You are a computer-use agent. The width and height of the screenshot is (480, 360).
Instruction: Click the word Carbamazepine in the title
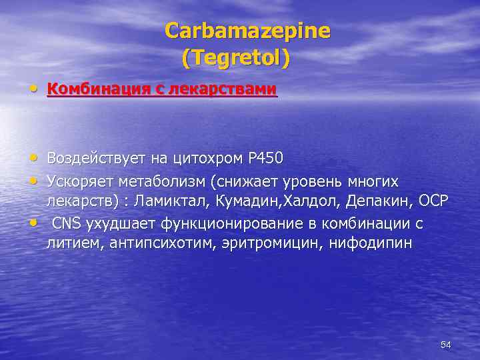click(x=247, y=31)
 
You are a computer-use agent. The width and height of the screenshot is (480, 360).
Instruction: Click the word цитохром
click(x=207, y=158)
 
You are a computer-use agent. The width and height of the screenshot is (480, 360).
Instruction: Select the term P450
click(x=265, y=158)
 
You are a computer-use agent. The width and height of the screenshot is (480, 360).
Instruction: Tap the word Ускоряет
click(x=79, y=181)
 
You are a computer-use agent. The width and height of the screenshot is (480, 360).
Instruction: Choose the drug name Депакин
click(x=375, y=201)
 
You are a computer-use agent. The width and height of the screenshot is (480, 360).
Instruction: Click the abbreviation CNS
click(x=67, y=222)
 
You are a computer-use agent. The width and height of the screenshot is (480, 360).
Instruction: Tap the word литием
click(x=68, y=243)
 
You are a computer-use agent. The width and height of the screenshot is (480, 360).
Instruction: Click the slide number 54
click(x=446, y=345)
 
